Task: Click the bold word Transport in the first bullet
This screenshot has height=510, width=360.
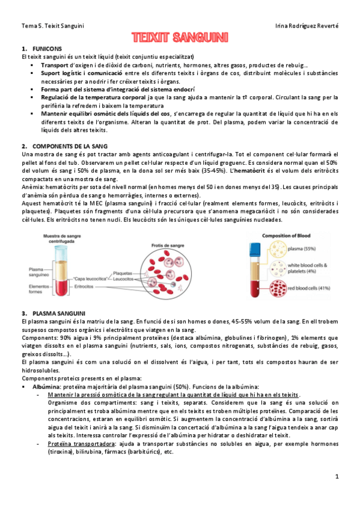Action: [x=55, y=65]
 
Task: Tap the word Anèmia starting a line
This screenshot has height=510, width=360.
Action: [x=33, y=188]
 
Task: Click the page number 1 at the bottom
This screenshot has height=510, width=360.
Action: [x=338, y=476]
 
